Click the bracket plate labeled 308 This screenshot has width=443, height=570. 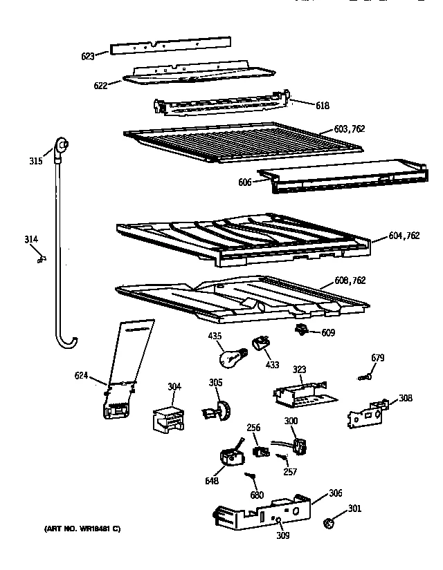[x=367, y=412]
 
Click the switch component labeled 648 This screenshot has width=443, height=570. [x=229, y=457]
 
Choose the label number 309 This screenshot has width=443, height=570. [x=283, y=534]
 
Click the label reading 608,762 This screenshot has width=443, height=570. [x=350, y=281]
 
